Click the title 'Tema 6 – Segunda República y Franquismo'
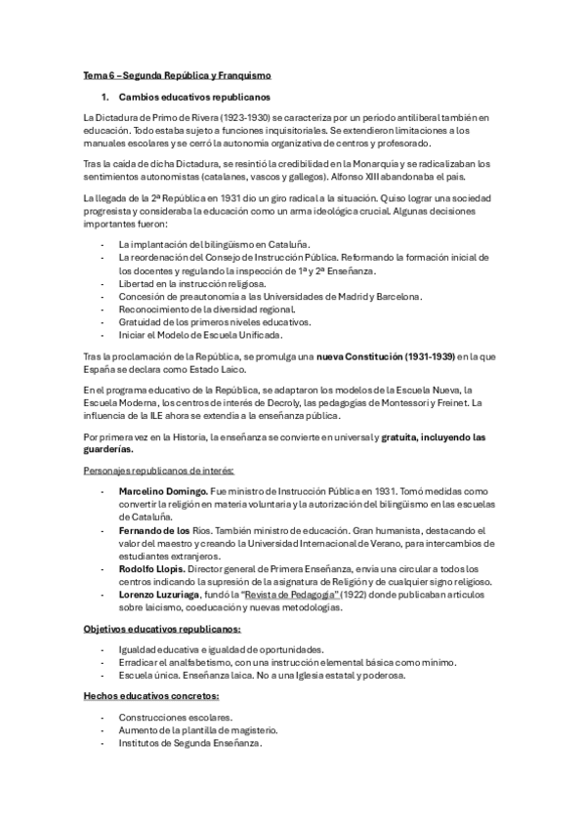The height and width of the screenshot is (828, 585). pos(177,74)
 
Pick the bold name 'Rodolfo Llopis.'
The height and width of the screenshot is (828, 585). pos(151,569)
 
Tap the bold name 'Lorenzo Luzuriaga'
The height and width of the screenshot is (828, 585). pos(163,595)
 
